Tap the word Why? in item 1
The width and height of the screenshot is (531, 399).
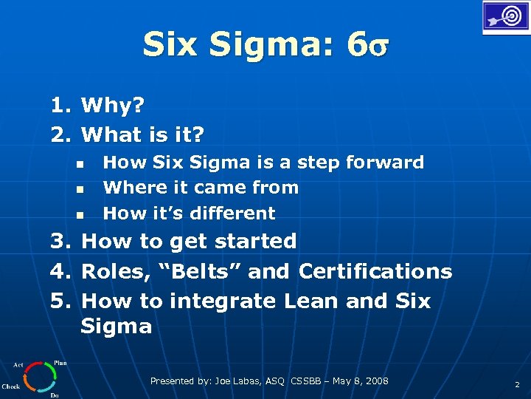(x=113, y=106)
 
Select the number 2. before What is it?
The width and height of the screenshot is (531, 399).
(x=60, y=134)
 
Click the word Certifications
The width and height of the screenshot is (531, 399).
(x=375, y=271)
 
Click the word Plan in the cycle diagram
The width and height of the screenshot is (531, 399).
(x=60, y=363)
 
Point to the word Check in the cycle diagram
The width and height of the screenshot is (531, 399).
(x=11, y=386)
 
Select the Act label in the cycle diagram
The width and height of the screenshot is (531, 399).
(x=18, y=364)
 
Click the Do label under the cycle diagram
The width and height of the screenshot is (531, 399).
(x=54, y=395)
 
